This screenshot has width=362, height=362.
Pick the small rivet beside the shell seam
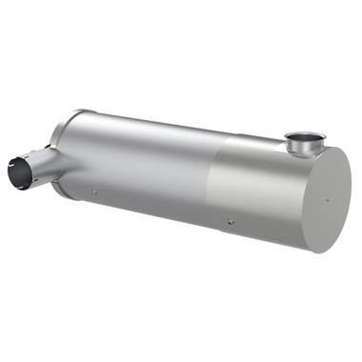coord(230,223)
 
